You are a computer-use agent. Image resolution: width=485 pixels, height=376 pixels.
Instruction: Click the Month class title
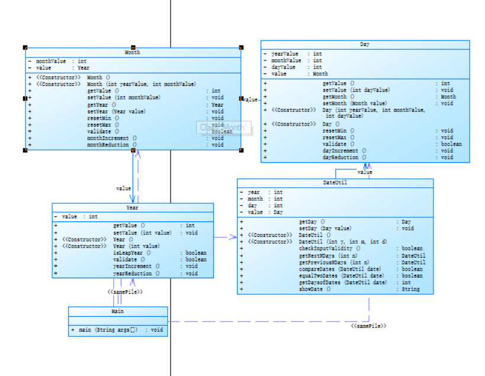(133, 53)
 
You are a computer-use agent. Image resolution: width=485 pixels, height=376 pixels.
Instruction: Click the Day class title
(365, 45)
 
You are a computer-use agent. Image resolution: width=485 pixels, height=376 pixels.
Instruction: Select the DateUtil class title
(335, 183)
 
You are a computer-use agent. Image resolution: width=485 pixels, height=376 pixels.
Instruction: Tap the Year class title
(133, 208)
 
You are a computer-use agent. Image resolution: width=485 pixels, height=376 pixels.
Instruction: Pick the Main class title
(118, 311)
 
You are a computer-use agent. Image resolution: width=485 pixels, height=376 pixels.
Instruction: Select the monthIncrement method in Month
(112, 137)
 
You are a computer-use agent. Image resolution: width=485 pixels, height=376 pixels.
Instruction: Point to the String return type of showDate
(410, 289)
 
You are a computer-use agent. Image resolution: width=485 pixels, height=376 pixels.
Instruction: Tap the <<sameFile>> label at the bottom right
(368, 326)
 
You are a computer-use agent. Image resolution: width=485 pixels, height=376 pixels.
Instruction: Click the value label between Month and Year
(123, 188)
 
